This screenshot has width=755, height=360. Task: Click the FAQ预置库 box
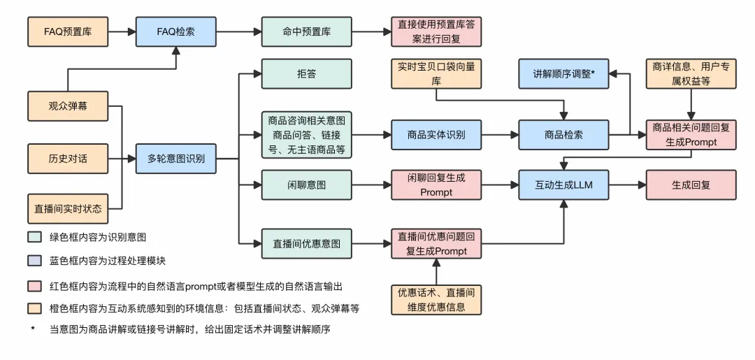pyautogui.click(x=68, y=31)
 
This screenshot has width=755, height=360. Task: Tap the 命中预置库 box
pyautogui.click(x=306, y=31)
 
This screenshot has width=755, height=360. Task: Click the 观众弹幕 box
pyautogui.click(x=68, y=106)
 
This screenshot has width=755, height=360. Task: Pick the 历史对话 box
pyautogui.click(x=68, y=158)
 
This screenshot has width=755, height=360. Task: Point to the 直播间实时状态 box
pyautogui.click(x=68, y=208)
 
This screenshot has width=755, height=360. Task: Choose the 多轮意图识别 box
pyautogui.click(x=176, y=158)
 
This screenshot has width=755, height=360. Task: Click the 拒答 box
pyautogui.click(x=306, y=74)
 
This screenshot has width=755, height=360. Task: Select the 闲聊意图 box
pyautogui.click(x=306, y=185)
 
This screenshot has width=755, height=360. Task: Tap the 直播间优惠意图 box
pyautogui.click(x=306, y=243)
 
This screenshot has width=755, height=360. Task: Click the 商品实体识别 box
pyautogui.click(x=436, y=134)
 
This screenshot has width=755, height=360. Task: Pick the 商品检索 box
pyautogui.click(x=563, y=134)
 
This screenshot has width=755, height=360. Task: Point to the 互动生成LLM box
pyautogui.click(x=563, y=185)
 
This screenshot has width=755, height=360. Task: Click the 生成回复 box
pyautogui.click(x=691, y=185)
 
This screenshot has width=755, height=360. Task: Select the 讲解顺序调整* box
pyautogui.click(x=563, y=74)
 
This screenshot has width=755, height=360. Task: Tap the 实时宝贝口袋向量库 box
pyautogui.click(x=436, y=74)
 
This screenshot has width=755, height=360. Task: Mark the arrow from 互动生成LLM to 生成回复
pyautogui.click(x=627, y=185)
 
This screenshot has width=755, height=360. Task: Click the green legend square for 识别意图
pyautogui.click(x=33, y=237)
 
